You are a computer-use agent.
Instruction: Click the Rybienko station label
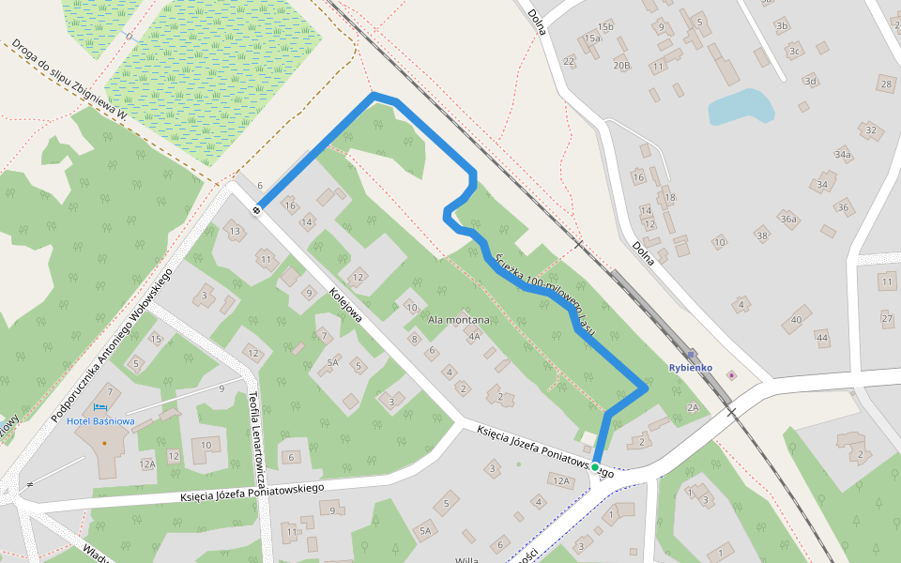691,368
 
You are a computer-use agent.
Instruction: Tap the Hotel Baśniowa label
100,421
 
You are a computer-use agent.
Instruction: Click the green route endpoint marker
595,466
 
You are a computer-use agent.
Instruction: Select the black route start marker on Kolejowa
256,209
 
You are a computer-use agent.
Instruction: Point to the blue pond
741,107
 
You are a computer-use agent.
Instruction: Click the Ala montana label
460,320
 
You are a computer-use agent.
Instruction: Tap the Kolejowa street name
345,305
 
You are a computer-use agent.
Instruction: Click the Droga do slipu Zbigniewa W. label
69,79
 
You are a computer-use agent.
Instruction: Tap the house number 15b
605,26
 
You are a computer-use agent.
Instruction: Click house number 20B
621,66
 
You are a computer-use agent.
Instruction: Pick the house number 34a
843,154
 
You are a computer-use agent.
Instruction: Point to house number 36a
788,220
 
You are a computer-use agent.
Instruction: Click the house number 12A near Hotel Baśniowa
146,464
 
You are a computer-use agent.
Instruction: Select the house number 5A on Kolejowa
332,361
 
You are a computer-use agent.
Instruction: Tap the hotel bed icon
99,407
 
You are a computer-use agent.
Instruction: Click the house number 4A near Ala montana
474,336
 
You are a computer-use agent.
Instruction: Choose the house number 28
886,84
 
